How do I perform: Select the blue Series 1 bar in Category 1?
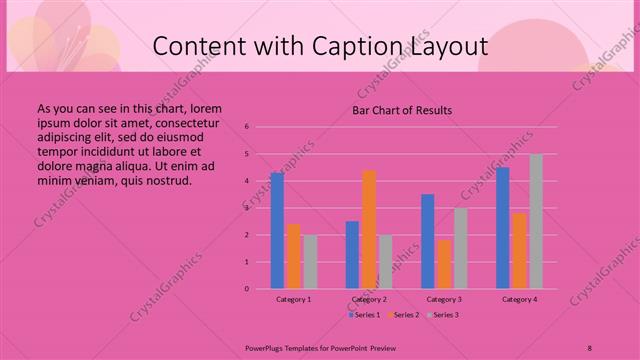click(277, 231)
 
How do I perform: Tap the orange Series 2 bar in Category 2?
click(369, 229)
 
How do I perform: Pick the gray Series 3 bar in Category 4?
click(536, 221)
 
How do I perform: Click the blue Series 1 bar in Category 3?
click(428, 241)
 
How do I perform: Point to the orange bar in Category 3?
click(444, 264)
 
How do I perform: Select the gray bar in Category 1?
click(310, 262)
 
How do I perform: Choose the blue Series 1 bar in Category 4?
click(503, 228)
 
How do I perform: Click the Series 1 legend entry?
click(364, 315)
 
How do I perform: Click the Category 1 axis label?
click(294, 299)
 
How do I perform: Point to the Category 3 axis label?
click(444, 299)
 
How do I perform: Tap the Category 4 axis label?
click(519, 299)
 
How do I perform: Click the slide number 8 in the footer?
click(589, 347)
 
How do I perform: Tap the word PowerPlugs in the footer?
click(266, 347)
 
